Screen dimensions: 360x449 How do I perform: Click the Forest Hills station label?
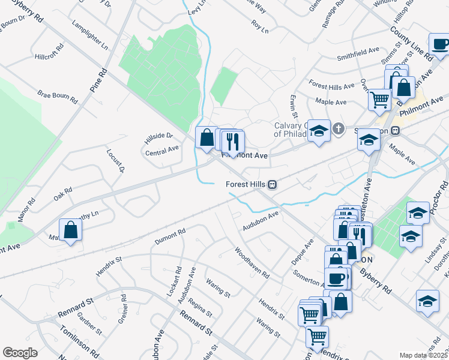[x=246, y=184]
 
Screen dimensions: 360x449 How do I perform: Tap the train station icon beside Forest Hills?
[x=272, y=184]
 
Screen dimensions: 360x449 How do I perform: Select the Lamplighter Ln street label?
[x=89, y=37]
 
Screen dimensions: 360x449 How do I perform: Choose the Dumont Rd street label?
[x=171, y=235]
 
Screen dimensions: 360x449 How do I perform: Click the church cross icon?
[x=339, y=128]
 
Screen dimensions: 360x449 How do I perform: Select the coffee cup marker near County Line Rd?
[x=441, y=44]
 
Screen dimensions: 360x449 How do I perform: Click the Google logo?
[x=20, y=353]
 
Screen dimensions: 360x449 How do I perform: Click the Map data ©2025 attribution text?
[x=424, y=355]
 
